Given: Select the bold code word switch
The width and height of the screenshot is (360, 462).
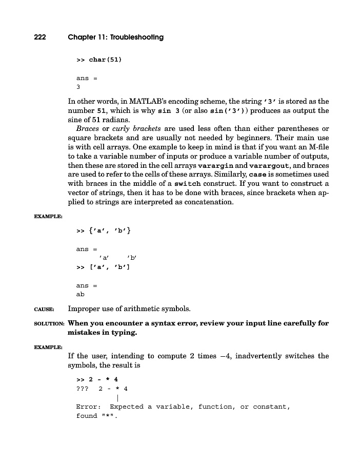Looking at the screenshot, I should click(x=188, y=184).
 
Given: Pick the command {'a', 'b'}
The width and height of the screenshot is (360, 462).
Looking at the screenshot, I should click(x=111, y=231).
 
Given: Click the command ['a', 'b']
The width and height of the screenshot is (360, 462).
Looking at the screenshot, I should click(x=109, y=267).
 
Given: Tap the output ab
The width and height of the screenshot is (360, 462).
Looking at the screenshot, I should click(x=81, y=294).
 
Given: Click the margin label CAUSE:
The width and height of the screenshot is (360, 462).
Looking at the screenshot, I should click(x=44, y=310).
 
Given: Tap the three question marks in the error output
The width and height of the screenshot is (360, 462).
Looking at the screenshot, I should click(x=82, y=389).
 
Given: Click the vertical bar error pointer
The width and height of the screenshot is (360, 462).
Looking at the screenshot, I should click(x=118, y=397).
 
